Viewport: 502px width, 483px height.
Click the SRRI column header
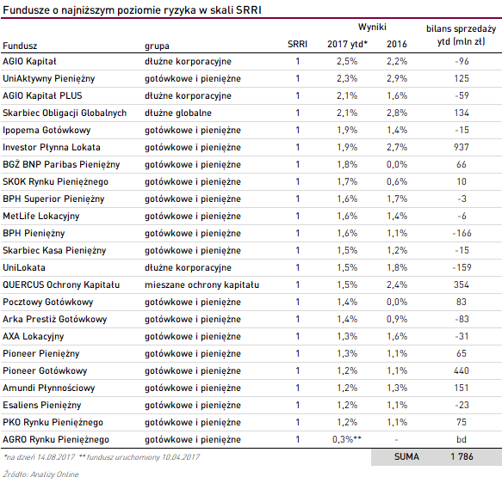297,44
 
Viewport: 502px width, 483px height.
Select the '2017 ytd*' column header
347,44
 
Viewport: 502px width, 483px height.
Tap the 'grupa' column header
157,46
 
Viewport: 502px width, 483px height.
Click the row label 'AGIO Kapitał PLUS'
42,95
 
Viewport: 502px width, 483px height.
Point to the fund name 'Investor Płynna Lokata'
52,147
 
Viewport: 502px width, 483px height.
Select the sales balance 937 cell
462,147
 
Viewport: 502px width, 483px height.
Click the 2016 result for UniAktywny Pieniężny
397,78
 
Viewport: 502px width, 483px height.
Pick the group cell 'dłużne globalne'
178,113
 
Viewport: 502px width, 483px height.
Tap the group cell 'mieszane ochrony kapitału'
201,285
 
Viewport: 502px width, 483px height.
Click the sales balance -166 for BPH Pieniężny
462,233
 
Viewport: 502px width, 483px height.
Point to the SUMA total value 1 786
462,457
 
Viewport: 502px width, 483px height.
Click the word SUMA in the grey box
406,457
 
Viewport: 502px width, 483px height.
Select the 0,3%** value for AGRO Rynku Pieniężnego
347,439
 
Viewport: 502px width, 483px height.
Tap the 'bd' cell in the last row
462,439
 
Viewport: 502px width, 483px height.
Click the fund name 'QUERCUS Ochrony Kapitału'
61,285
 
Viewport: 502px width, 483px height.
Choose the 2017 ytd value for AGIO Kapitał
347,61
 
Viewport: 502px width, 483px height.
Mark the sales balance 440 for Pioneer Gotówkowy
462,370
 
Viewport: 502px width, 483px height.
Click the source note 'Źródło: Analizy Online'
41,474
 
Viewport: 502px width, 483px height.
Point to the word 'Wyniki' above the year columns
372,28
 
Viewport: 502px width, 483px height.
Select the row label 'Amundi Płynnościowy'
49,388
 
